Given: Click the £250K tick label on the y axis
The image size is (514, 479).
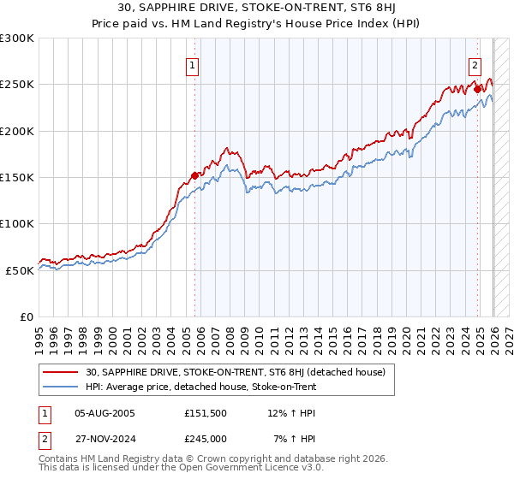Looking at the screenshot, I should point(17,85).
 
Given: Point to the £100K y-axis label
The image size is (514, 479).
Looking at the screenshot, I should point(17,223).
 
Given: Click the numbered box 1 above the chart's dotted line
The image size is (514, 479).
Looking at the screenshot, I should point(193,65).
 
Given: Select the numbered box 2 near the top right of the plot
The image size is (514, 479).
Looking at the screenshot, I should point(475,65).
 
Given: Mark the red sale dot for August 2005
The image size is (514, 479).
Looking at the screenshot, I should point(194,175).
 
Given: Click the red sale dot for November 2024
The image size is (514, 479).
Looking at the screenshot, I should point(477,89).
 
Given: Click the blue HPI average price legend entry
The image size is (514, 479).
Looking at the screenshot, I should point(201,387).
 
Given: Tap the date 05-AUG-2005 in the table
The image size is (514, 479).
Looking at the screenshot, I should point(105,412).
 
